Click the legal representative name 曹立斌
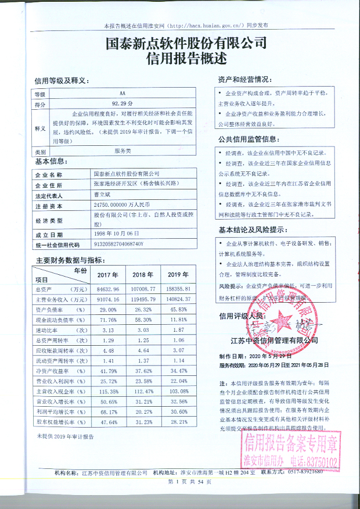(x=103, y=195)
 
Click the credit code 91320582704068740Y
(x=118, y=244)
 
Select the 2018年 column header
(x=142, y=274)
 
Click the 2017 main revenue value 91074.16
(x=107, y=299)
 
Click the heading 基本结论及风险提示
(x=254, y=229)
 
